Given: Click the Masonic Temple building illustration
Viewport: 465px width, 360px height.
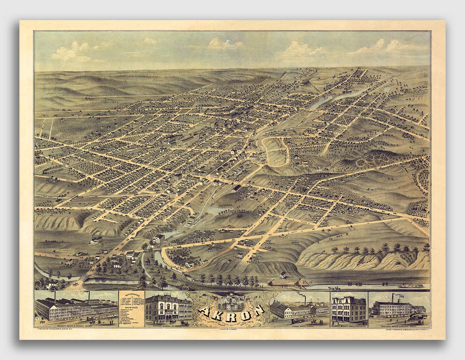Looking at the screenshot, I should coord(349,309).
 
